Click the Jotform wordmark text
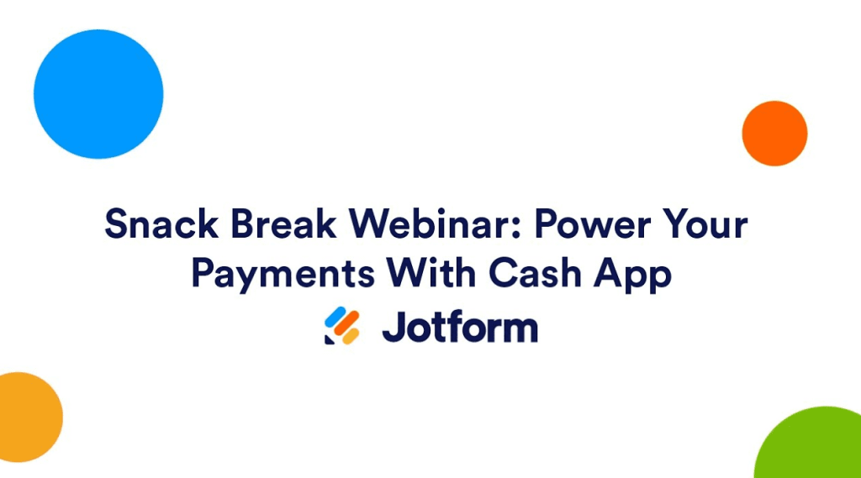pyautogui.click(x=459, y=327)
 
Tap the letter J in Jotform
pyautogui.click(x=393, y=328)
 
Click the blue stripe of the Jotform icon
pyautogui.click(x=335, y=317)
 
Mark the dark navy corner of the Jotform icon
pyautogui.click(x=329, y=339)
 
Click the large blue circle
pyautogui.click(x=98, y=94)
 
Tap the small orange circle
pyautogui.click(x=774, y=134)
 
